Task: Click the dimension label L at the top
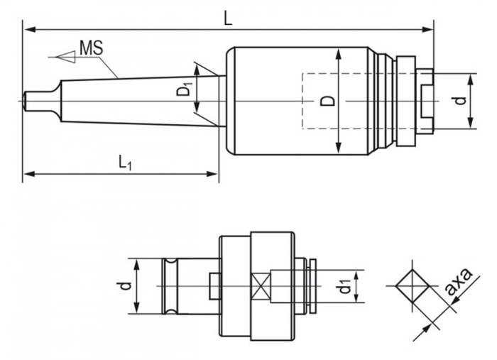click(x=227, y=18)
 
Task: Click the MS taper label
click(x=91, y=48)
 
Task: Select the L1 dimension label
click(x=124, y=163)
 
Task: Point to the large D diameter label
click(x=327, y=100)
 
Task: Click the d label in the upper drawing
click(x=461, y=101)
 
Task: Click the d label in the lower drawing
click(x=125, y=285)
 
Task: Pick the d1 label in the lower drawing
click(x=344, y=286)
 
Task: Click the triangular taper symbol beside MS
click(x=63, y=54)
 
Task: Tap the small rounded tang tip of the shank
click(x=28, y=100)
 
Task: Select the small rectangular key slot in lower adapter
click(x=214, y=285)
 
